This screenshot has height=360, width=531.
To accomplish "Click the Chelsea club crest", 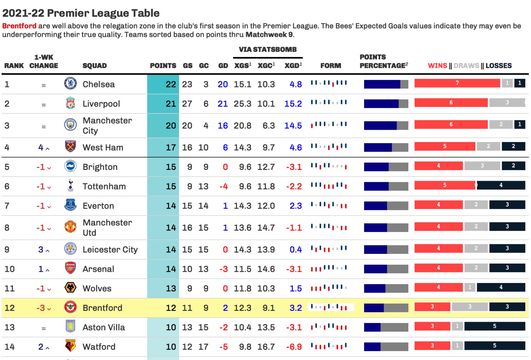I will tap(70, 83).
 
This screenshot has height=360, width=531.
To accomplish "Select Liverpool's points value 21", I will tap(171, 104).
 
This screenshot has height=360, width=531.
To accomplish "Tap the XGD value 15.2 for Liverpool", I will tap(293, 104).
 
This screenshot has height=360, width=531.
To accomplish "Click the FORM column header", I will tap(330, 66).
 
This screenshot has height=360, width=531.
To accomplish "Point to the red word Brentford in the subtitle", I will tap(19, 26).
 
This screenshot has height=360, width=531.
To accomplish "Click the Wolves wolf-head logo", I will tap(70, 288).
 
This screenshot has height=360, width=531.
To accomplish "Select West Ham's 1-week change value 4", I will tap(41, 147).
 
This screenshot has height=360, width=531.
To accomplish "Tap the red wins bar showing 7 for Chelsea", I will tap(457, 83).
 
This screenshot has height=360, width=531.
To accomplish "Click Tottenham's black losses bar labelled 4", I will tap(501, 185).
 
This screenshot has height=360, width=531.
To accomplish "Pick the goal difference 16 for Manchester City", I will tap(223, 126).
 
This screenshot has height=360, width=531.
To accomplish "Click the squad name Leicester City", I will tap(110, 249).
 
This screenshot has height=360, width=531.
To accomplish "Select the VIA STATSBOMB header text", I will tap(267, 49).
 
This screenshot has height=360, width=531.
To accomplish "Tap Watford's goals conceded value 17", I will tap(203, 347).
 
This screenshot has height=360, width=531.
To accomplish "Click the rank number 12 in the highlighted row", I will tap(10, 308).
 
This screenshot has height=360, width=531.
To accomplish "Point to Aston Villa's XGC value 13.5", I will tap(266, 327).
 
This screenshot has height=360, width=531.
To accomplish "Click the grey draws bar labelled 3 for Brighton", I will tap(482, 166).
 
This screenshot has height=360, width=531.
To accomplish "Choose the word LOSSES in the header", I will tap(498, 66).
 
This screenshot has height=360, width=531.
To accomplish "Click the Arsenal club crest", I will tap(70, 268).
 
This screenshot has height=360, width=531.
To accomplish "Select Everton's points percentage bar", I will tap(386, 206).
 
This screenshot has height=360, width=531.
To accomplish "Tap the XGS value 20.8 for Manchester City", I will tap(242, 126).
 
